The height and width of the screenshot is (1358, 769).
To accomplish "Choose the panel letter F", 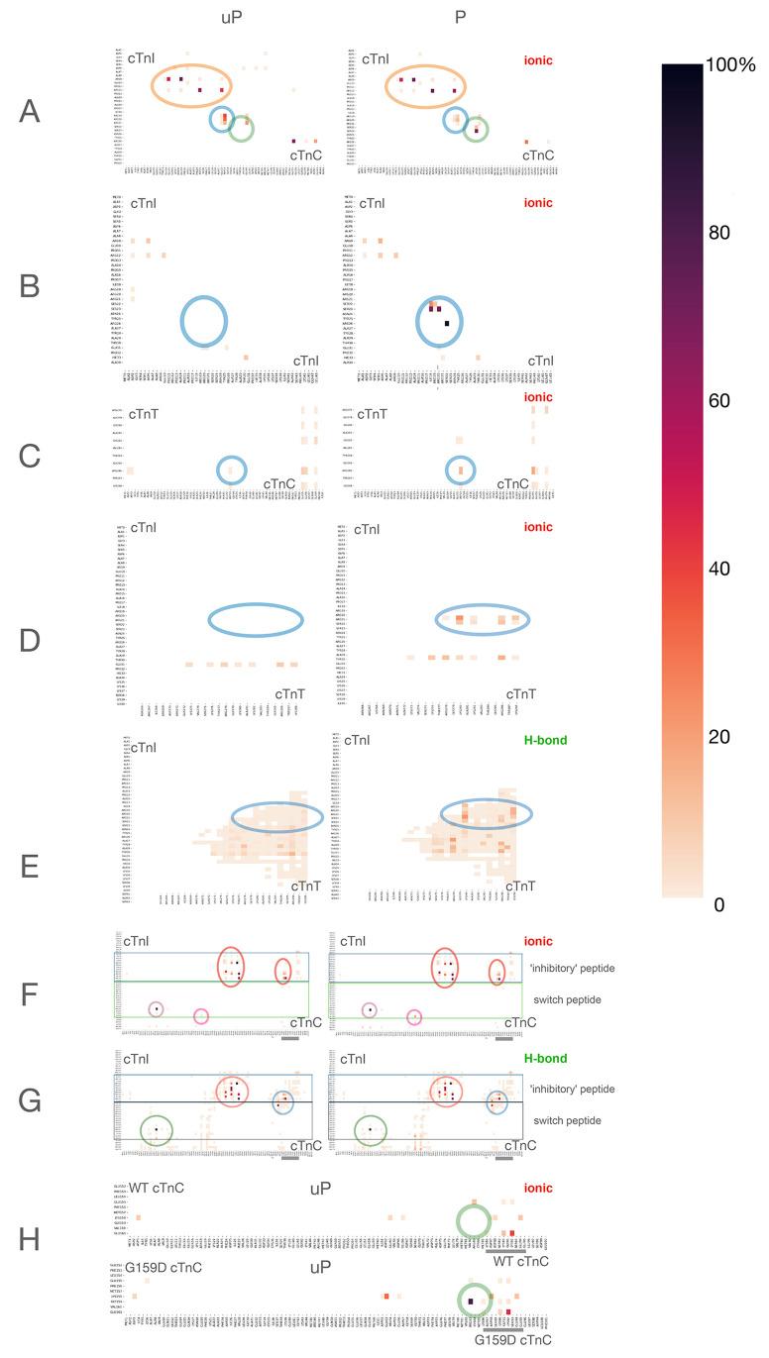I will coord(30,992).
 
